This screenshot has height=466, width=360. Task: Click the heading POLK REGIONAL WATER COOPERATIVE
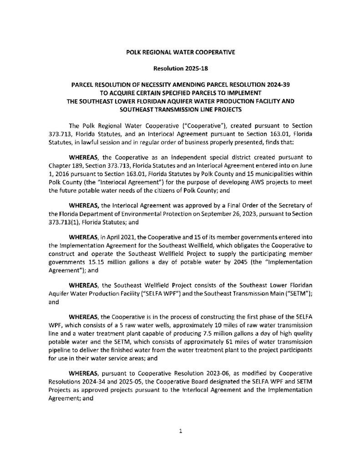coord(180,53)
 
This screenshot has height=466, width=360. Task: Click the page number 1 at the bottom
coord(181,432)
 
